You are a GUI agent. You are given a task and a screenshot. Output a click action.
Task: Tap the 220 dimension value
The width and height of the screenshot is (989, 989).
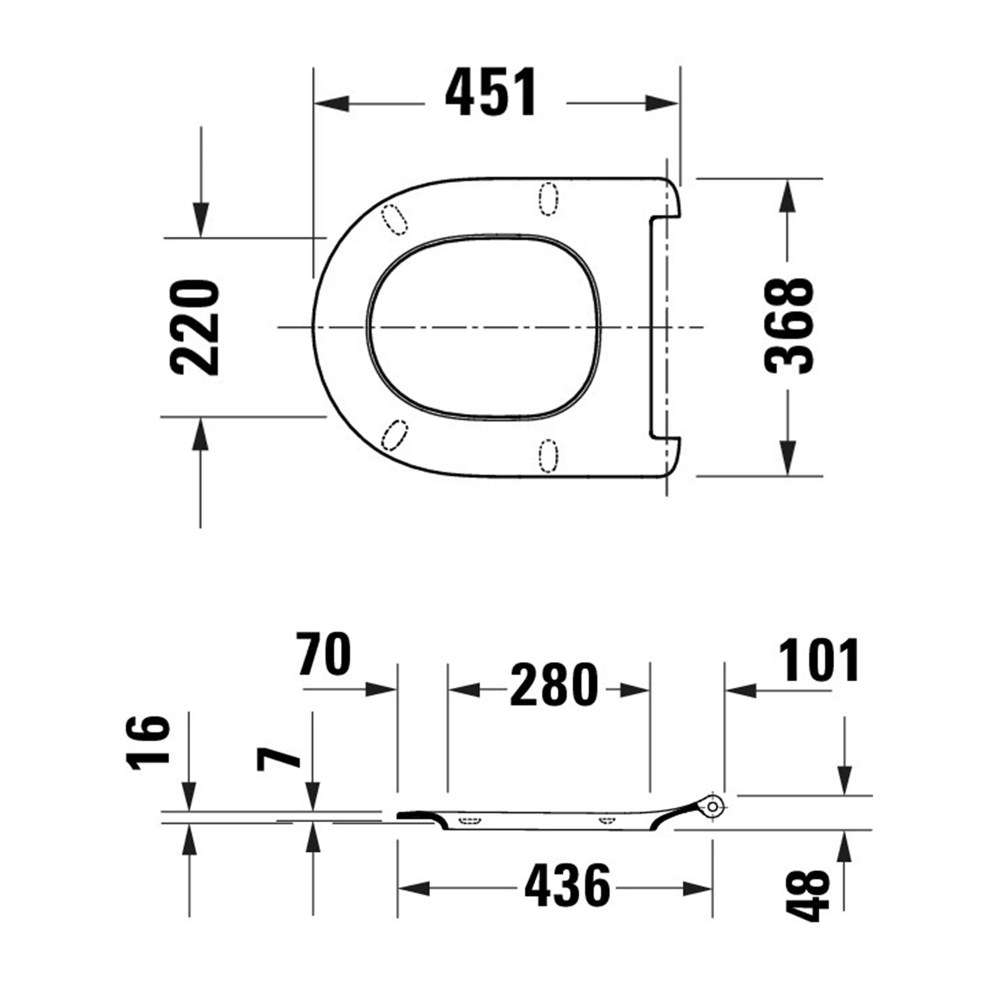(x=195, y=328)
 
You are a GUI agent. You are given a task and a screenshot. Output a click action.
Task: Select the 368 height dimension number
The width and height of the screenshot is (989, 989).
(x=788, y=326)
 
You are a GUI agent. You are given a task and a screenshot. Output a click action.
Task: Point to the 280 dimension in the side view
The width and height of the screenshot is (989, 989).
(x=554, y=685)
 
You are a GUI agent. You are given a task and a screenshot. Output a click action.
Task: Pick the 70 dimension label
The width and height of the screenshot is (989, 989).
(x=324, y=654)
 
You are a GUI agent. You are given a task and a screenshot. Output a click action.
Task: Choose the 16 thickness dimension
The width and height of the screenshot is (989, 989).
(x=148, y=750)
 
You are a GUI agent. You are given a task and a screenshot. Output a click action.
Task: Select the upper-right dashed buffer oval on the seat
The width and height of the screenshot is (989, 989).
(x=548, y=199)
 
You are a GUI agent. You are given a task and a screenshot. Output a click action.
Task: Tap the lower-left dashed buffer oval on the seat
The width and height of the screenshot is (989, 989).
(x=395, y=435)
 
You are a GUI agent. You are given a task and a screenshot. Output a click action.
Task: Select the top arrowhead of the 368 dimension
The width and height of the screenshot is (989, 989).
(x=787, y=196)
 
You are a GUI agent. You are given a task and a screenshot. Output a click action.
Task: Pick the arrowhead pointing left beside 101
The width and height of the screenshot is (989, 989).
(x=741, y=691)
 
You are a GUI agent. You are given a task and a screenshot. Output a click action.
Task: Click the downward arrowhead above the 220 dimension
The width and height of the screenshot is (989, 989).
(x=201, y=220)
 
